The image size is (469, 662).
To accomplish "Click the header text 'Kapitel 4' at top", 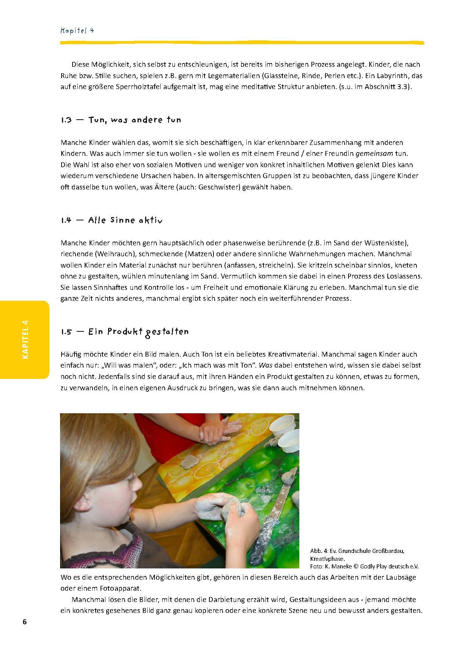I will (77, 31).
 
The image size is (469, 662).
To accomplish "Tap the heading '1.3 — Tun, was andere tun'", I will (121, 120).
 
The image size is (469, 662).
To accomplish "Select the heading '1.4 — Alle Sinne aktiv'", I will (111, 220).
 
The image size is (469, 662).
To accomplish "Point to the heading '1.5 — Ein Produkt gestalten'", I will (125, 332).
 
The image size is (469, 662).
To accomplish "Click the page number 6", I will (25, 622).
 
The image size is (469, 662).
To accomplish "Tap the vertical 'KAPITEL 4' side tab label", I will (25, 339).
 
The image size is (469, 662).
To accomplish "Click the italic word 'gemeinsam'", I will (374, 154).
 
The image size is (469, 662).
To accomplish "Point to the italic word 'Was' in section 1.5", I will (265, 365).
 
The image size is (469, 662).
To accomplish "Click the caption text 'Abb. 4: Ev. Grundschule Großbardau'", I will (357, 551).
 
